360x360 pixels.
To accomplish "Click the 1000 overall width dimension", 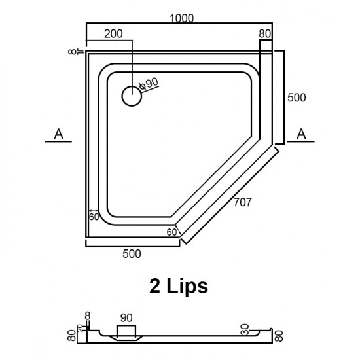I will pos(180,18).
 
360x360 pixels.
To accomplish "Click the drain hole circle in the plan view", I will pos(132,96).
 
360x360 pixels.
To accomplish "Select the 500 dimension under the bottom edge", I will pos(132,254).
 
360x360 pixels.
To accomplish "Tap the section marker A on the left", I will pos(58,134).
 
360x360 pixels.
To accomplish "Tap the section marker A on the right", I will pos(302,134).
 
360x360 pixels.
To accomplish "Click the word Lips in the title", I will pos(188,286).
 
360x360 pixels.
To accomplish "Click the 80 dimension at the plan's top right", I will pos(265,33).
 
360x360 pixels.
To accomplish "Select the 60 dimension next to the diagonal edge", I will pos(172,232).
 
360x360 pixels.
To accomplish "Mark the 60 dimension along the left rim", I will pos(94,217).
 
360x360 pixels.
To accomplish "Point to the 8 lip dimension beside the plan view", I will pos(71,51).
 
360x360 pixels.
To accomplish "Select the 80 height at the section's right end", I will pos(280,334).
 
